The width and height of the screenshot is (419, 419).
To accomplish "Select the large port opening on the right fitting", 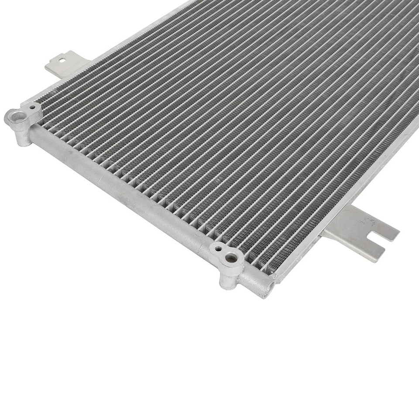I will (231, 258).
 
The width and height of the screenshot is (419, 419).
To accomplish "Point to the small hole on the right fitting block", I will (218, 249).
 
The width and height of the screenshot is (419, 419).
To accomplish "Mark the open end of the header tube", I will (269, 288).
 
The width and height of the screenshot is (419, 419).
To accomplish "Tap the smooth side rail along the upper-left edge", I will (109, 48).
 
